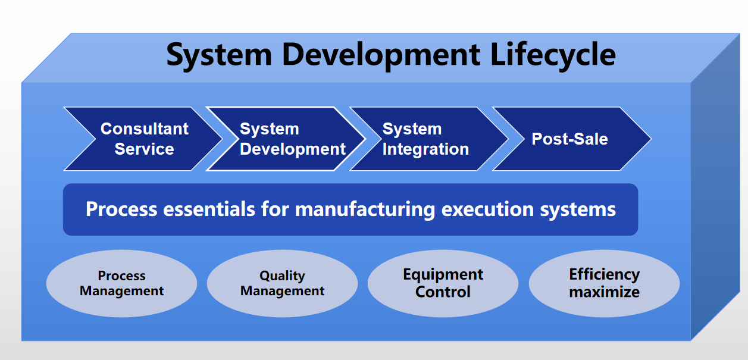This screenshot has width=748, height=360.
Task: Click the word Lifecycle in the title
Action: coord(553,55)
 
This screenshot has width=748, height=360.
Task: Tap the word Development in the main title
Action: coord(381,55)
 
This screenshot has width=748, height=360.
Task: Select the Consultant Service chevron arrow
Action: coord(143,139)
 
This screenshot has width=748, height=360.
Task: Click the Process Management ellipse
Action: coord(121,283)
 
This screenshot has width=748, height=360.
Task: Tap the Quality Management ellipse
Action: coord(282,283)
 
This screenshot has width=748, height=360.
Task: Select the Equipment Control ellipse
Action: coord(443,283)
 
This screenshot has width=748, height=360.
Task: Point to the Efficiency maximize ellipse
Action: coord(604,283)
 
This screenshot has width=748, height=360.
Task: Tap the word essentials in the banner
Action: coord(209,209)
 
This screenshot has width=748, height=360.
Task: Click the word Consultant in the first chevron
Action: coord(145,129)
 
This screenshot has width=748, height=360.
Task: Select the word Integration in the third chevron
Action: coord(425,149)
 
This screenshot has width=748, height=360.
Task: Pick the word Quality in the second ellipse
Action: coord(282,276)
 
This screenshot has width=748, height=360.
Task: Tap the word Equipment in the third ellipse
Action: coord(443,275)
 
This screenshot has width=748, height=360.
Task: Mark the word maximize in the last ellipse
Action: coord(604,292)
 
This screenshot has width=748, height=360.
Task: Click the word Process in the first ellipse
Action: coord(121,276)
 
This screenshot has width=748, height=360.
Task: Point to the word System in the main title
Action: coord(218,55)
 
